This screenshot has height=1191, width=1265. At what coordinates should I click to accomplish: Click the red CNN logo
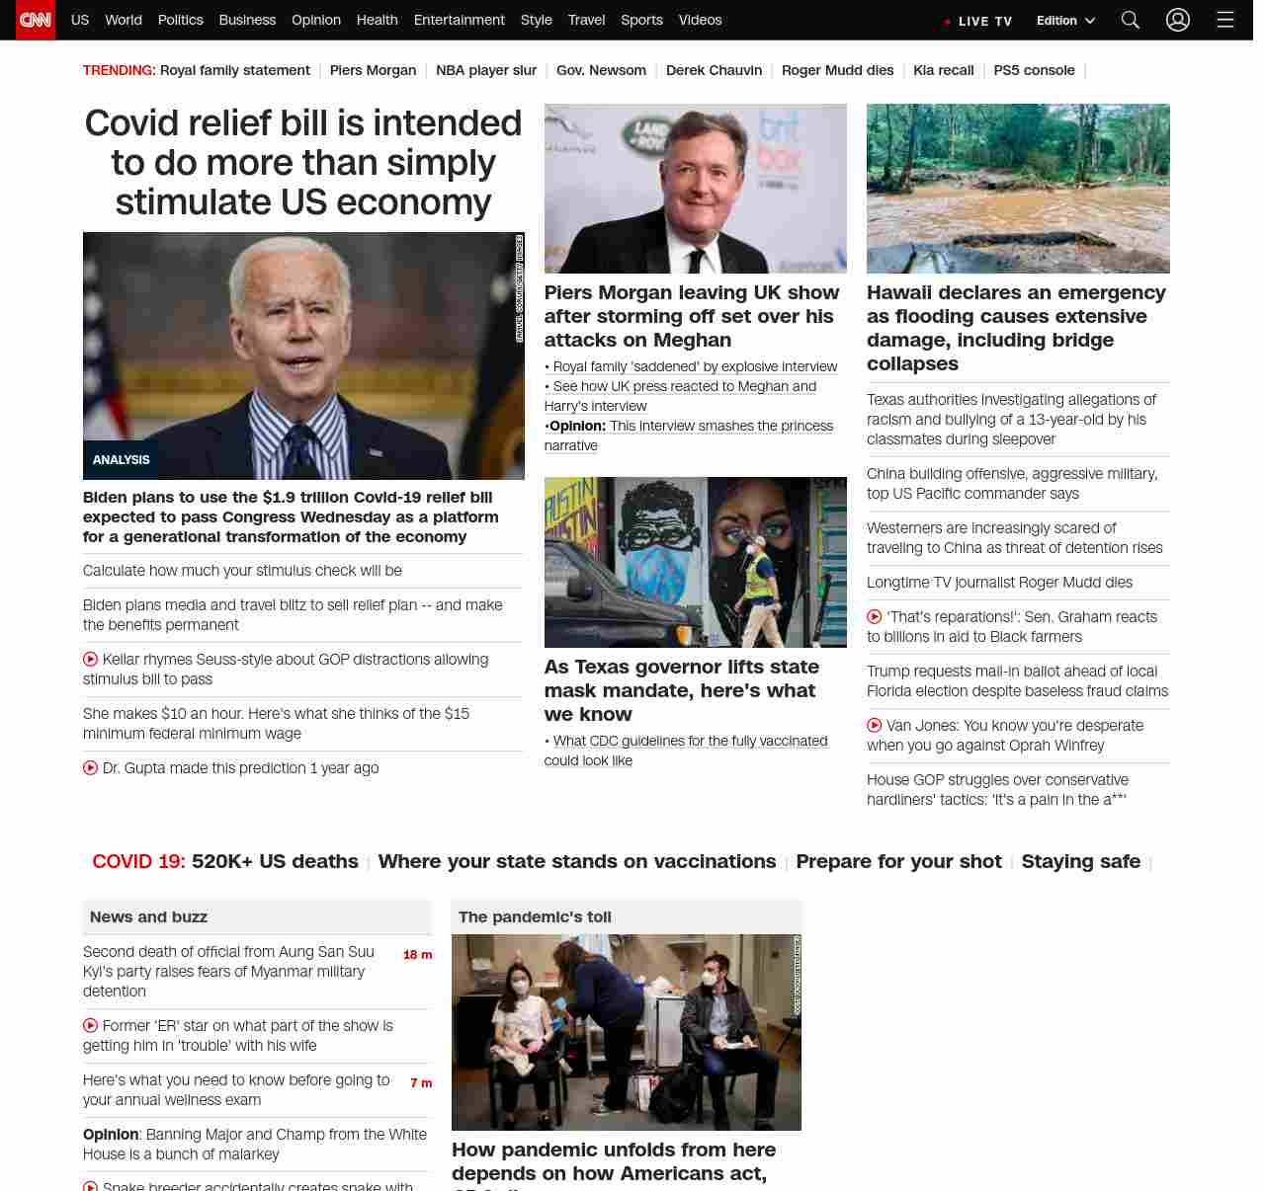pos(36,20)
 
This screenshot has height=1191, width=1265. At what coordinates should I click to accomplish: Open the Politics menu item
pos(180,20)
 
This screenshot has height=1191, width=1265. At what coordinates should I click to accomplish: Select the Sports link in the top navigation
pos(641,20)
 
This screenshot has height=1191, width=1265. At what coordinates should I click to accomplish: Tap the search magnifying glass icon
pos(1131,20)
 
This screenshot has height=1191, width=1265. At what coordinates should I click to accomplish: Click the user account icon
pos(1177,20)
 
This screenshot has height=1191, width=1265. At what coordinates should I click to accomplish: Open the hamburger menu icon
pos(1225,20)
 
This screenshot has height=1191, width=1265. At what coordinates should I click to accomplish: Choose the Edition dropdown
pos(1065,21)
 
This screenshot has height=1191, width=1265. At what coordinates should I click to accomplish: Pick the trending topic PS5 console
pos(1034,70)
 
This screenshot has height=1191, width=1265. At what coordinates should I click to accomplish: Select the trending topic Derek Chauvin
pos(714,70)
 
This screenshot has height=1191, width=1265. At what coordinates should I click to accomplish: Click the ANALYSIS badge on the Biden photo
pos(121,460)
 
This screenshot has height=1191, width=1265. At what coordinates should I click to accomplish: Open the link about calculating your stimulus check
pos(242,571)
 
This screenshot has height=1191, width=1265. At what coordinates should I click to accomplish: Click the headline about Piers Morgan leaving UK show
pos(692,316)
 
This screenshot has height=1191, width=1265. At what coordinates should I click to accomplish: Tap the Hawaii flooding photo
pos(1018,188)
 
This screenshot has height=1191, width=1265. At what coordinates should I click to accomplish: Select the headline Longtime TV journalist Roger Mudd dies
pos(999,583)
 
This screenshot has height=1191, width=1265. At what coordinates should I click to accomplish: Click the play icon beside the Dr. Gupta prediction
pos(91,767)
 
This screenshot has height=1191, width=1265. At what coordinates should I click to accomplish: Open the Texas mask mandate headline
pos(681,690)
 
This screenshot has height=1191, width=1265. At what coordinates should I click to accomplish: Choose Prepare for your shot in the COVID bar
pos(898,861)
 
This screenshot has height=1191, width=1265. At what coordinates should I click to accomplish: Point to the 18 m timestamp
pos(417,955)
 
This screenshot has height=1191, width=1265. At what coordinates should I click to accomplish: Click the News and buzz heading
pos(148,917)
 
